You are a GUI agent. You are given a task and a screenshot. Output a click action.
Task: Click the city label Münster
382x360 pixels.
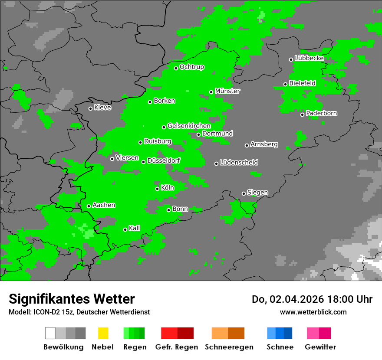tap(227, 91)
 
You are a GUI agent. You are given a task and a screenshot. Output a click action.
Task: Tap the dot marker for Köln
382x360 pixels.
tap(158, 189)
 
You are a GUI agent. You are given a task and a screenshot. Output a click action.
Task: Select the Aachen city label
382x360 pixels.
tap(104, 205)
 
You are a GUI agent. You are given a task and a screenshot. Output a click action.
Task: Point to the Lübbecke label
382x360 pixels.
tap(309, 58)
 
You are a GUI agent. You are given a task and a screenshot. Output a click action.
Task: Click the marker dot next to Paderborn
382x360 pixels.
tap(303, 115)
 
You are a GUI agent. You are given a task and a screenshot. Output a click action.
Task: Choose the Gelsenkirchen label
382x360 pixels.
tap(189, 126)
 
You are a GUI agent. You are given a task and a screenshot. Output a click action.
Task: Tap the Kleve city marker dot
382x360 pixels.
tap(90, 108)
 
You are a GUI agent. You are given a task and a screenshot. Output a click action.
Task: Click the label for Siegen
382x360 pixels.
tap(257, 193)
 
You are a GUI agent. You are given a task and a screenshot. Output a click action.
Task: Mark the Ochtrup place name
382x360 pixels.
tap(192, 67)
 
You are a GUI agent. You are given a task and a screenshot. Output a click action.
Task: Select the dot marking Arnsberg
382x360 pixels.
tap(247, 145)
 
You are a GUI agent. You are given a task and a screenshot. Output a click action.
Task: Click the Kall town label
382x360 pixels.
tap(135, 228)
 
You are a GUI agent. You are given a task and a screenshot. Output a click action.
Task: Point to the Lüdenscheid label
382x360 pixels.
tap(239, 163)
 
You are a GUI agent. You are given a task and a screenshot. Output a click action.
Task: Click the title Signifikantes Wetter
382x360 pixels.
tap(72, 299)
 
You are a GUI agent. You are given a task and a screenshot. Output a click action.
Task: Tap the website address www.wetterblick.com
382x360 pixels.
tap(313, 312)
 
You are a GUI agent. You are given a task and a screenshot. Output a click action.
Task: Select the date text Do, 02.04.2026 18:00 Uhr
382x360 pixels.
tap(312, 299)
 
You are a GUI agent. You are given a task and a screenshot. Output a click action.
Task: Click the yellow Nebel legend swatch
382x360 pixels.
tap(103, 333)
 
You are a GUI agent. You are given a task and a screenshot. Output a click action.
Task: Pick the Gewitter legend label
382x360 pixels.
tap(320, 347)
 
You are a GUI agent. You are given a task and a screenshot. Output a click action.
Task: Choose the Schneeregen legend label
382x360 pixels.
tap(229, 347)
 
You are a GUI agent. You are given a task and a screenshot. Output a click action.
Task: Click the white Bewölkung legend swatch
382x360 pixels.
tap(50, 333)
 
